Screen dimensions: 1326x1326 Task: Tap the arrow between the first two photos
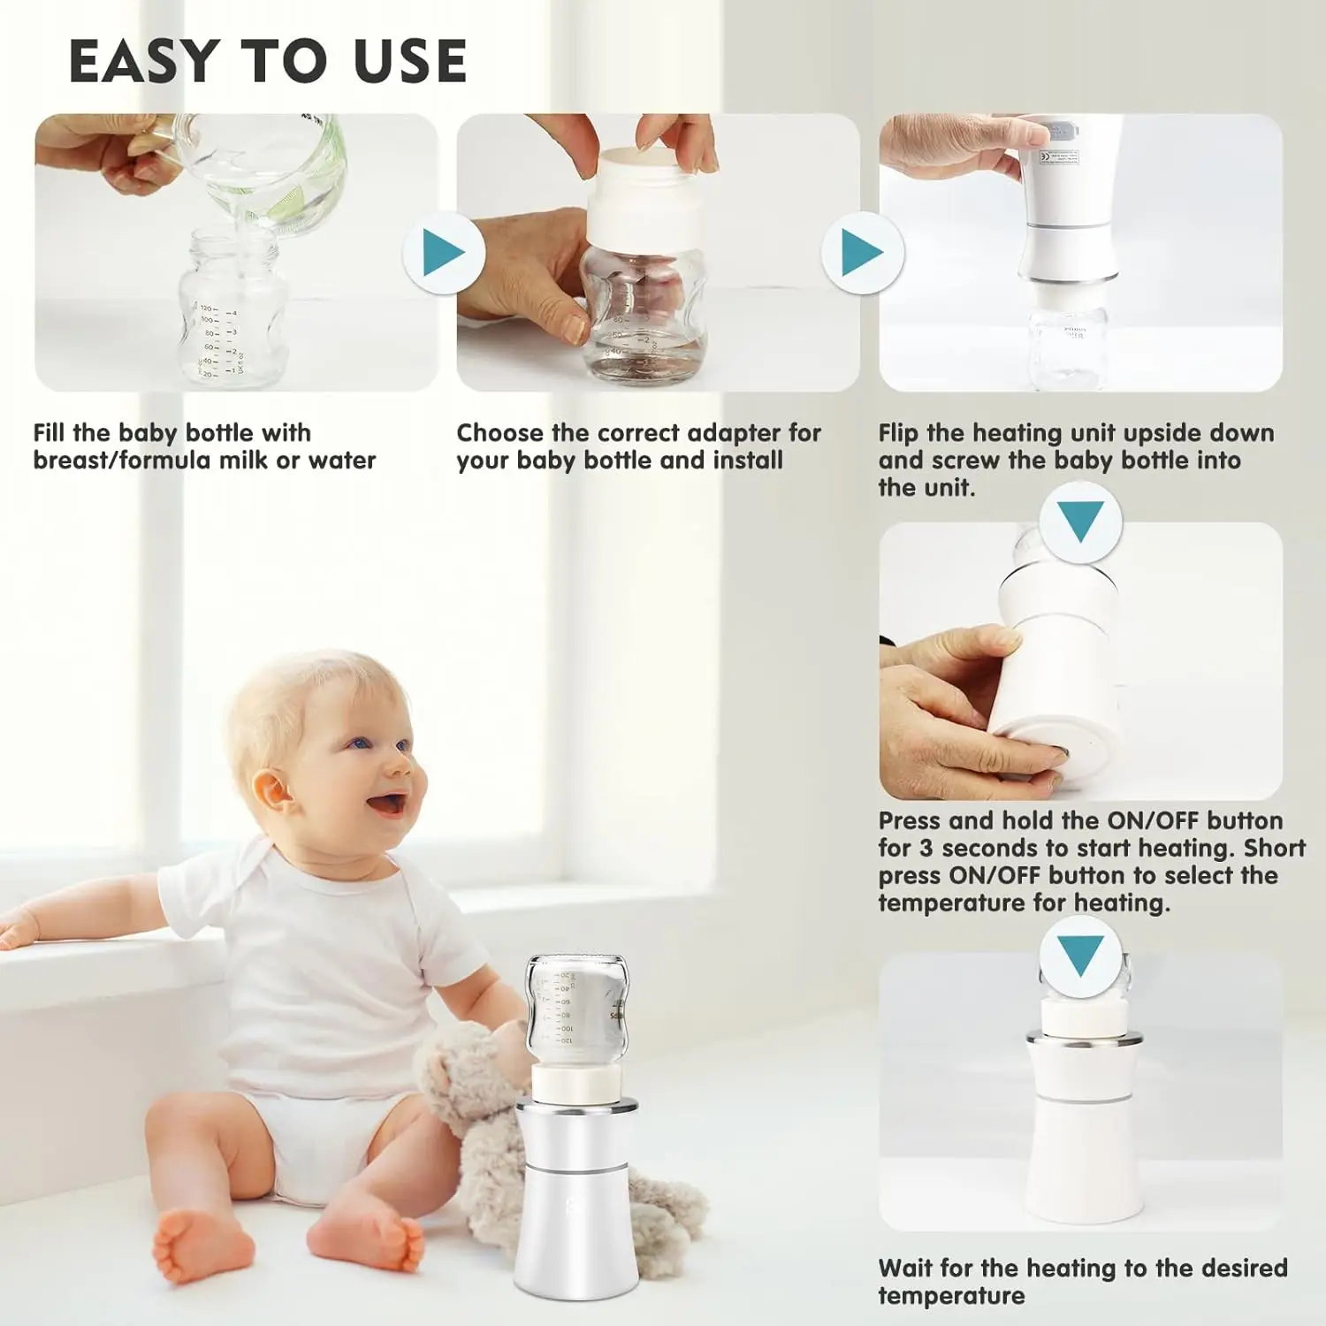pyautogui.click(x=444, y=254)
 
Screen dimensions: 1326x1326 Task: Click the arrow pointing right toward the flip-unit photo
pyautogui.click(x=863, y=254)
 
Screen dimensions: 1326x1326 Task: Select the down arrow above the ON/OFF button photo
pyautogui.click(x=1080, y=521)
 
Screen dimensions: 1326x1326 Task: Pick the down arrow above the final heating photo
pyautogui.click(x=1080, y=954)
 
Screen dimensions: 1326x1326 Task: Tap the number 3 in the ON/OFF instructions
pyautogui.click(x=926, y=848)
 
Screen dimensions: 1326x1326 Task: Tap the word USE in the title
pyautogui.click(x=409, y=61)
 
